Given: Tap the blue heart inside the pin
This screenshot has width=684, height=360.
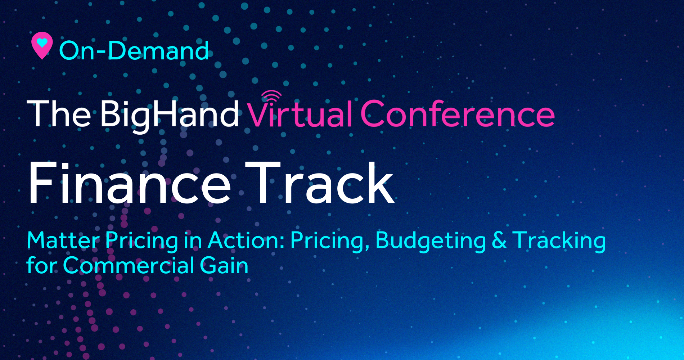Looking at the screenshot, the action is pyautogui.click(x=42, y=43).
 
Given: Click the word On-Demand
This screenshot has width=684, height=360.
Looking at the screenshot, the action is pyautogui.click(x=134, y=50).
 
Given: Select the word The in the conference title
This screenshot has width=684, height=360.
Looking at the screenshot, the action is pyautogui.click(x=59, y=113).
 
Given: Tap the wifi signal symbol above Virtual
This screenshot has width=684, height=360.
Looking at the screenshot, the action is pyautogui.click(x=271, y=96).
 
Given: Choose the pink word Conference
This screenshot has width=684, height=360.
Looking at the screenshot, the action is pyautogui.click(x=458, y=114).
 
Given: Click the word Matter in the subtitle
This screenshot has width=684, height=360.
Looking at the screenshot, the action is pyautogui.click(x=63, y=240).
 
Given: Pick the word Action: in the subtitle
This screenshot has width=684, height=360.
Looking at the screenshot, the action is pyautogui.click(x=246, y=240).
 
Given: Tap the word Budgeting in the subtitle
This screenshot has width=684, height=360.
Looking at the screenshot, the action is pyautogui.click(x=431, y=241).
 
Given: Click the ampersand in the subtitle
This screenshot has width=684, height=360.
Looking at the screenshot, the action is pyautogui.click(x=499, y=240).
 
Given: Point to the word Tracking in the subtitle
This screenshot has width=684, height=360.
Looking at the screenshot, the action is pyautogui.click(x=559, y=241).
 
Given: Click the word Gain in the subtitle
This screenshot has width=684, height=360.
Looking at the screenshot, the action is pyautogui.click(x=224, y=266).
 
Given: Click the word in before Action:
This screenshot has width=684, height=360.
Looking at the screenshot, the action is pyautogui.click(x=193, y=240).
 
